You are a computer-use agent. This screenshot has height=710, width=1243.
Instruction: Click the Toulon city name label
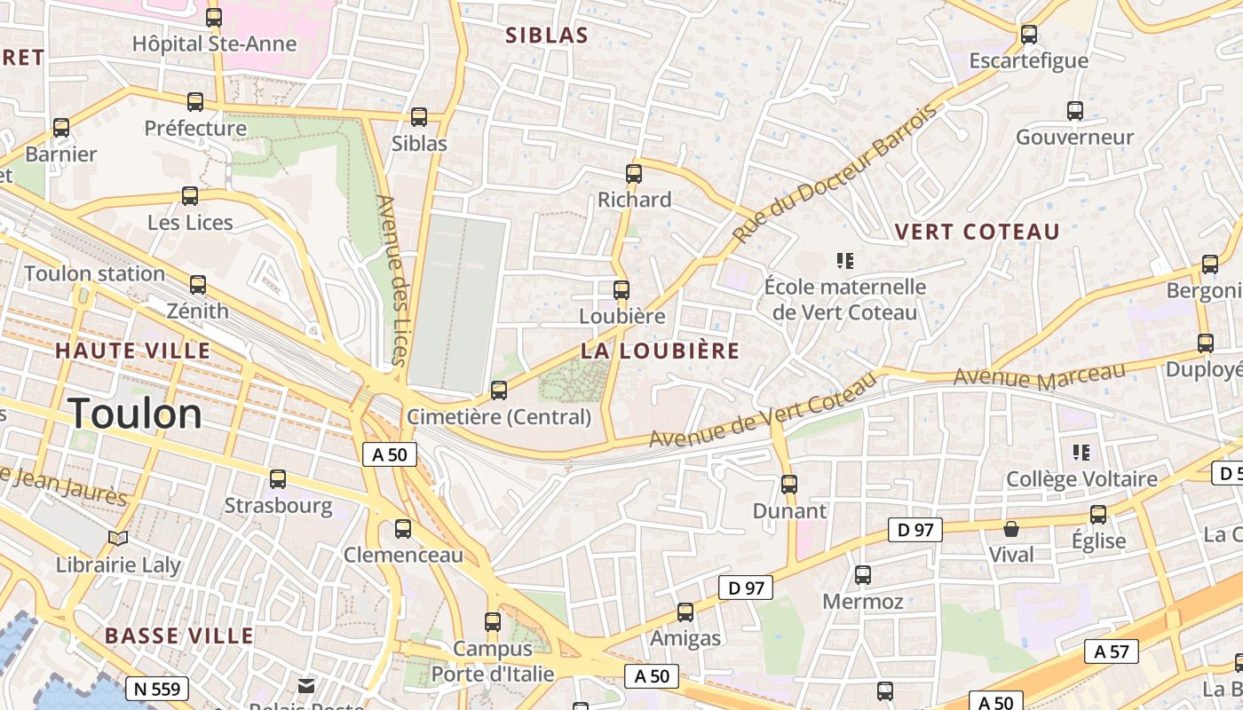135,414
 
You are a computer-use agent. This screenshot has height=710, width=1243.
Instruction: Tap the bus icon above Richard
634,173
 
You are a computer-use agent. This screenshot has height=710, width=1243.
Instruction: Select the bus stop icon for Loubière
621,289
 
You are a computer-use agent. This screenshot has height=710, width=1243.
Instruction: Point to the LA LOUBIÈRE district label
660,351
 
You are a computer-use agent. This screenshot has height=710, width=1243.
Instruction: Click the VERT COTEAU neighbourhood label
977,232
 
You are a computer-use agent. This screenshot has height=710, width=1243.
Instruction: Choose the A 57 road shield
1111,651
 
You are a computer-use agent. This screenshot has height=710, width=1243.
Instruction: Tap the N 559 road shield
157,688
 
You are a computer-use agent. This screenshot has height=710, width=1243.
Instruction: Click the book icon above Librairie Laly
118,538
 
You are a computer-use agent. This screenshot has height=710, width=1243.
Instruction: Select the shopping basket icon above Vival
1011,529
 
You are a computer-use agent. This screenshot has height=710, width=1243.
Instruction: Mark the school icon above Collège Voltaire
1081,453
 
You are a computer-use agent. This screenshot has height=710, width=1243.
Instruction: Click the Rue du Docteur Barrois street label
835,175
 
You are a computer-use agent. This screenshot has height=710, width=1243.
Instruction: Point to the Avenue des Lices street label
392,280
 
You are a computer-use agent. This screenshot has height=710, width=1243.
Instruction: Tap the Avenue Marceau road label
1039,375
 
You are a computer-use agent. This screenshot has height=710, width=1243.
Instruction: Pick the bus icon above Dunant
789,485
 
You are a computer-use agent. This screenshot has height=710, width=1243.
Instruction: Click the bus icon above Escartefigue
1029,35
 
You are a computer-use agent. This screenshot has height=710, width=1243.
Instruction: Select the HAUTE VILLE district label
133,351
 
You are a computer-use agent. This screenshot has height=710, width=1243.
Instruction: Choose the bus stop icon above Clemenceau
403,529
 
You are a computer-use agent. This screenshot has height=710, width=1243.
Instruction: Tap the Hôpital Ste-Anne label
214,43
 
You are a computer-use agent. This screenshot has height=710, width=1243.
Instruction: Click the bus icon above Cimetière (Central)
499,390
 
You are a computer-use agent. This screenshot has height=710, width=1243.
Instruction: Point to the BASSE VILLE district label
178,635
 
